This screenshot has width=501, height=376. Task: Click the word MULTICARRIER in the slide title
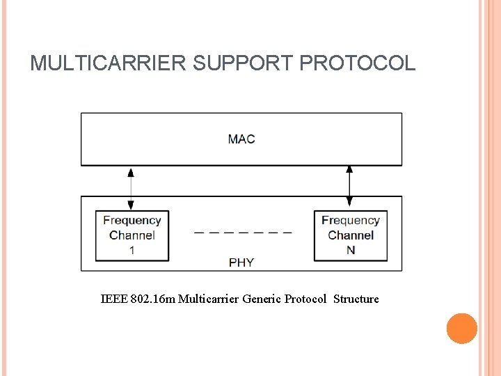[109, 63]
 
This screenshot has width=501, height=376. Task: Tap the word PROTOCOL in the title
[357, 63]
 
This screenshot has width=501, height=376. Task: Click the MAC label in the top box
[241, 139]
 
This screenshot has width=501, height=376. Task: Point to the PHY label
[241, 263]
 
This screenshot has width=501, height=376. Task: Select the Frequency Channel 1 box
[132, 236]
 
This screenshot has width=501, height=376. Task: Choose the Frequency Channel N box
[350, 236]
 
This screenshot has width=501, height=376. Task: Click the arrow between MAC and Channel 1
[131, 187]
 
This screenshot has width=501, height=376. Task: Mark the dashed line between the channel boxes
[243, 231]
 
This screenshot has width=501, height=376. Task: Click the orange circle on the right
[462, 329]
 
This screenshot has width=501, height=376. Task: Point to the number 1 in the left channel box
[132, 250]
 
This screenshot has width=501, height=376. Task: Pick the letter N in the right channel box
[351, 250]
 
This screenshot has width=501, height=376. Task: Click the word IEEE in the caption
[114, 299]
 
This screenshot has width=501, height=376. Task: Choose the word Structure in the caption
[356, 299]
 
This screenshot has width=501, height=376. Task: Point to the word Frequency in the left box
[132, 221]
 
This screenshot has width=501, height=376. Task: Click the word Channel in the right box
[351, 235]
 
